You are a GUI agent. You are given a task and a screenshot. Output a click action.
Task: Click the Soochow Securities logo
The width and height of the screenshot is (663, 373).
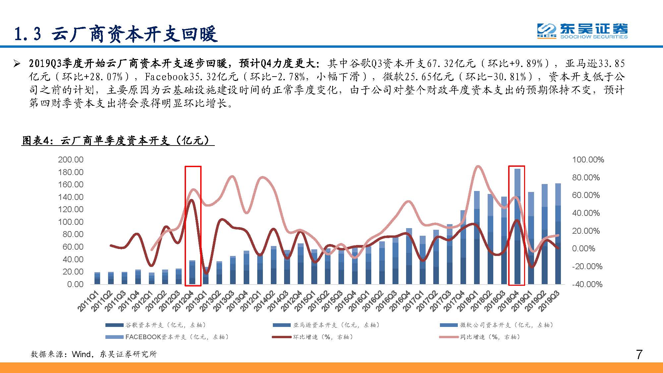(x=582, y=31)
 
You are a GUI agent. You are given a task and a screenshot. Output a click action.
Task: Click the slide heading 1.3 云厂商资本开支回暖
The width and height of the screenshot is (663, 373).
(x=116, y=34)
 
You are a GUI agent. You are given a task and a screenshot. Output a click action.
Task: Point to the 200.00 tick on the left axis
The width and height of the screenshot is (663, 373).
(x=71, y=160)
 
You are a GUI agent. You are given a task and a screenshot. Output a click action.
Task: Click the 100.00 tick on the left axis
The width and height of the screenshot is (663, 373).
(x=71, y=222)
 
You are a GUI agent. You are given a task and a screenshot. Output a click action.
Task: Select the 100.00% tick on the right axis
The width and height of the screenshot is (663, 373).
(x=588, y=160)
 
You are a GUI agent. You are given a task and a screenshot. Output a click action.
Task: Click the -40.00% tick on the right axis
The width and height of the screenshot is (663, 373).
(x=587, y=284)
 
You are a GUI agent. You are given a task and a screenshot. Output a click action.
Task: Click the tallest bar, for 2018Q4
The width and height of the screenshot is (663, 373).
(x=517, y=229)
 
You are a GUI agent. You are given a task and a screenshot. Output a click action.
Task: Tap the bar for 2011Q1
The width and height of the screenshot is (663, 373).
(x=97, y=279)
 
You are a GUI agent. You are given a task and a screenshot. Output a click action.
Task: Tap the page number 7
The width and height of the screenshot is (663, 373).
(x=639, y=355)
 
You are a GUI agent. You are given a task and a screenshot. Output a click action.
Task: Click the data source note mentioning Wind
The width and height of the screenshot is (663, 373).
(x=94, y=354)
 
